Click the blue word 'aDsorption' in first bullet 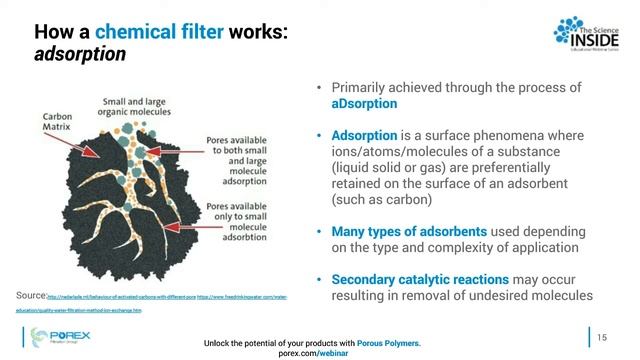pyautogui.click(x=364, y=104)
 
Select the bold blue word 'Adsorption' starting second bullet pyautogui.click(x=367, y=134)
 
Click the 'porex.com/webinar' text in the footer pyautogui.click(x=312, y=352)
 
